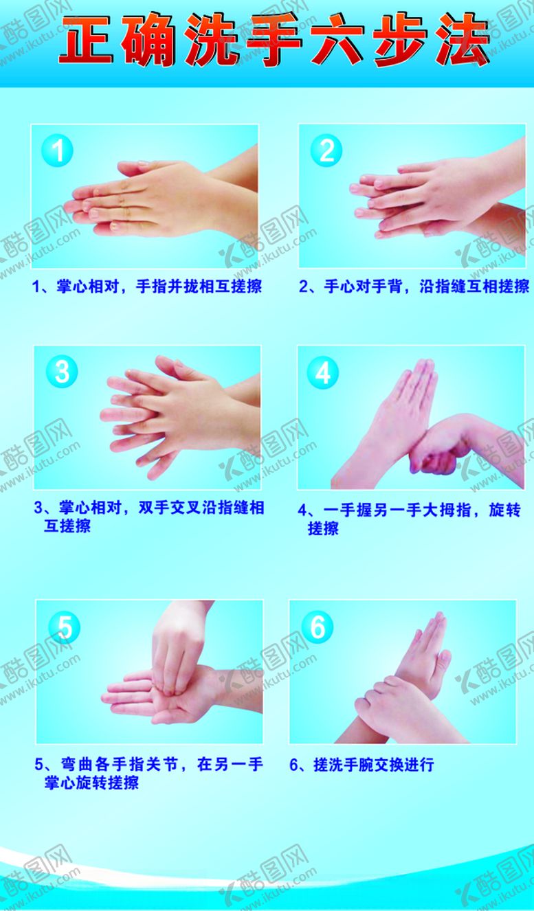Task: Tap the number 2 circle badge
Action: point(326,150)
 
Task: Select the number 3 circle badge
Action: point(62,372)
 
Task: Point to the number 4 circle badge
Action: point(323,373)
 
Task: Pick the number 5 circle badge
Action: point(65,627)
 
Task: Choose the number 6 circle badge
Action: point(318,627)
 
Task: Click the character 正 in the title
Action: point(88,41)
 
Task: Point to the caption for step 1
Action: point(147,286)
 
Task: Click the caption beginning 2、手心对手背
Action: point(414,286)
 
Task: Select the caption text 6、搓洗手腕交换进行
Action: point(361,765)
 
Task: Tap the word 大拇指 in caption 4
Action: point(454,510)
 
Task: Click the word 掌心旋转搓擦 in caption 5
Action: point(91,783)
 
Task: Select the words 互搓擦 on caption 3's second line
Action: point(67,527)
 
